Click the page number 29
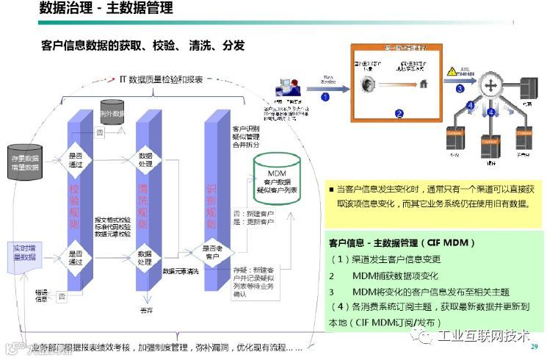[535, 347]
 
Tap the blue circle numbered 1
[324, 95]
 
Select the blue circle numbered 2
[399, 113]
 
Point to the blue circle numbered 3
[460, 89]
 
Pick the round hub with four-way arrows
[490, 87]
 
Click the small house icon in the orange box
[424, 84]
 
